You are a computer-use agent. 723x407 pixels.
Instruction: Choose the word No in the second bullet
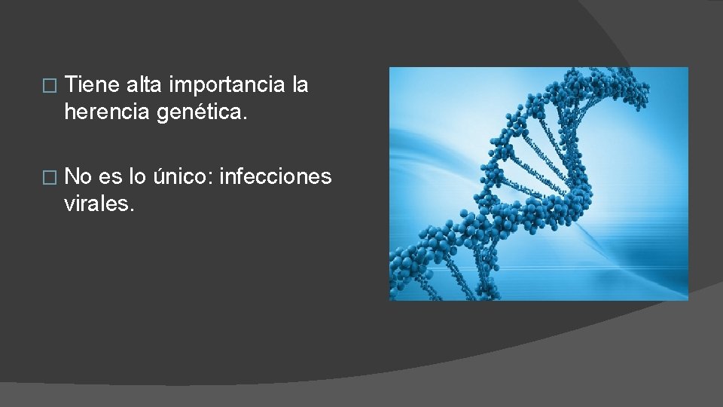[78, 177]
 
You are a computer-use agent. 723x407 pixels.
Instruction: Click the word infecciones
[275, 177]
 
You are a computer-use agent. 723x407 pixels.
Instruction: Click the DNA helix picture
[538, 184]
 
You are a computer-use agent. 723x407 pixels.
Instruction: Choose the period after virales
[133, 210]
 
